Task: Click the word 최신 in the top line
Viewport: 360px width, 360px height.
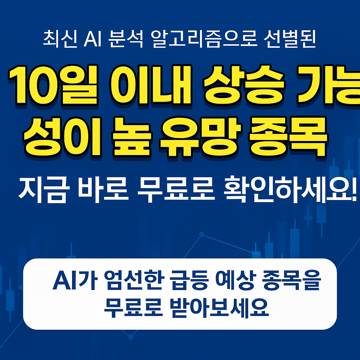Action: point(60,39)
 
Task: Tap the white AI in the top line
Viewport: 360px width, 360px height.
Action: point(92,39)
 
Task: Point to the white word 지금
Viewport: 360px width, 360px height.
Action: point(43,189)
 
